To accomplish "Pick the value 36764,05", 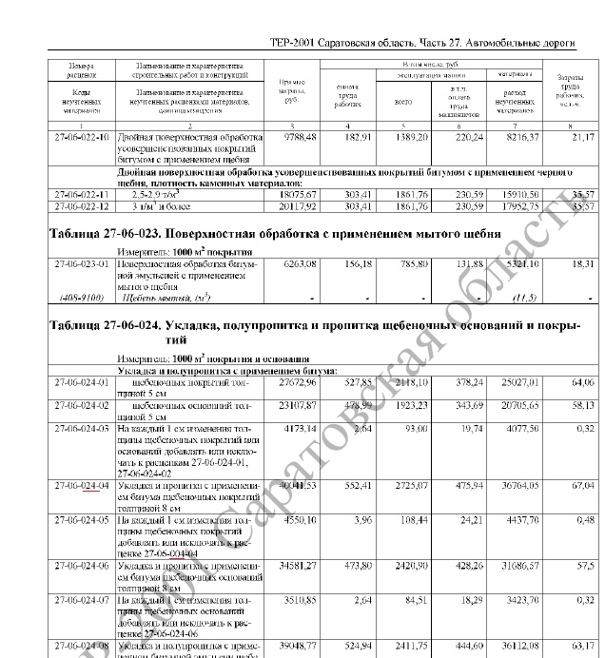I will point(517,486).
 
